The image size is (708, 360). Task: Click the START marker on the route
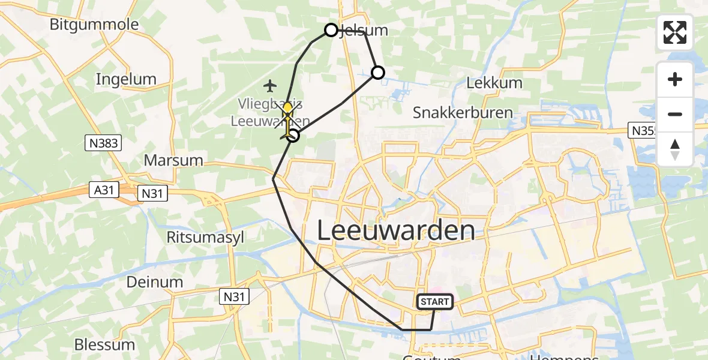435,302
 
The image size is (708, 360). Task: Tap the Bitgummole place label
94,25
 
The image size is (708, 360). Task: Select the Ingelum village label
126,79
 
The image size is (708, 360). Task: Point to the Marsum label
173,161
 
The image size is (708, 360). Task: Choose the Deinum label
155,282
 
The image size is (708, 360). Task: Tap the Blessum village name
104,345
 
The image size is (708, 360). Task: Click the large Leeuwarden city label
395,230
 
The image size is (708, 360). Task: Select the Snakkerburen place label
463,113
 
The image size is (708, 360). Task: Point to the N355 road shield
643,130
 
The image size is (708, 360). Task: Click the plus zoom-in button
675,79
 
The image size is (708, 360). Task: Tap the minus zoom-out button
675,114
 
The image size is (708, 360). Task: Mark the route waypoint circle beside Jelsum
331,30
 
